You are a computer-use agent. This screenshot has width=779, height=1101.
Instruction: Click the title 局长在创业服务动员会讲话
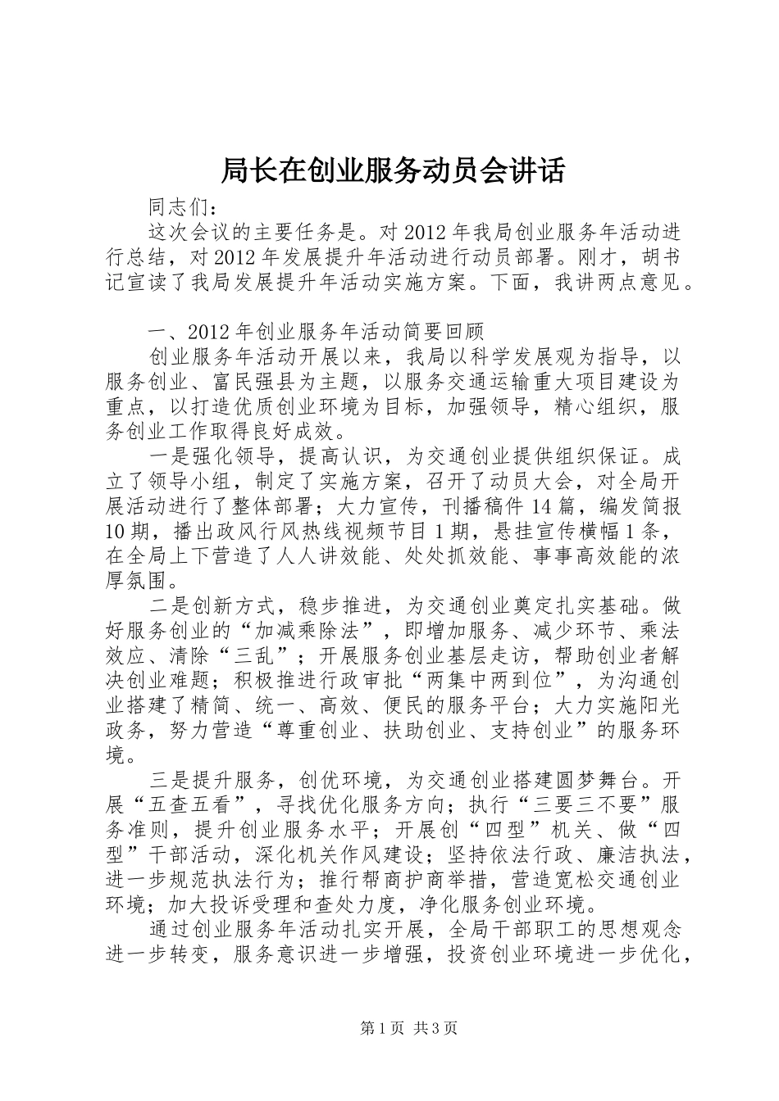pos(393,171)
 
